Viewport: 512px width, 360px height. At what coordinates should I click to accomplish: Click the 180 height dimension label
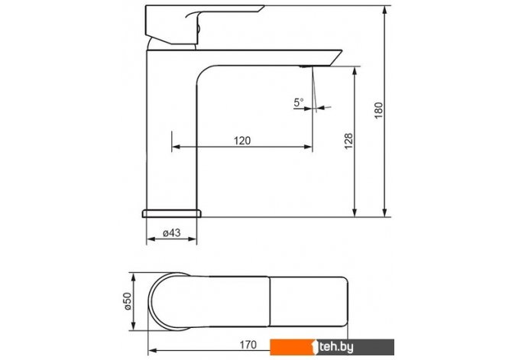[378, 110]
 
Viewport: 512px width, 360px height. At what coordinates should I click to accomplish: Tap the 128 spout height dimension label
[348, 141]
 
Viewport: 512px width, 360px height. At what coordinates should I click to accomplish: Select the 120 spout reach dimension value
[242, 141]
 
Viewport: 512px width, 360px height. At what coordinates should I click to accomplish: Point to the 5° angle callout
[299, 102]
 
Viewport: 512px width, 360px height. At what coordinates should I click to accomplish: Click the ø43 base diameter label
[171, 232]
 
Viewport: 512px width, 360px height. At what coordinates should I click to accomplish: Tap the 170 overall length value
[248, 345]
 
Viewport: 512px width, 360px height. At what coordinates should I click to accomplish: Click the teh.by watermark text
[336, 347]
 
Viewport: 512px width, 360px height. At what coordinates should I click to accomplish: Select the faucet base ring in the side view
[171, 213]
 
